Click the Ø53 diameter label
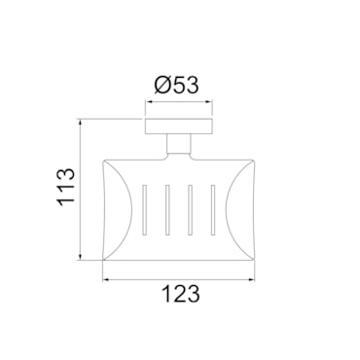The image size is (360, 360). click(x=176, y=85)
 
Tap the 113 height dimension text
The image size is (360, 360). click(x=66, y=187)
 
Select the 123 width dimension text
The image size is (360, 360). click(x=181, y=294)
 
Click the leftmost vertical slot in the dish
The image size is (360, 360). click(x=145, y=210)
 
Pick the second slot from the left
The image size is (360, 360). click(x=167, y=210)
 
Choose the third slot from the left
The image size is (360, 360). click(x=191, y=210)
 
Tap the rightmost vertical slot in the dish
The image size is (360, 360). click(x=213, y=210)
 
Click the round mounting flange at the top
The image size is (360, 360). click(x=179, y=126)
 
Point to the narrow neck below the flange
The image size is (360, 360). click(x=179, y=144)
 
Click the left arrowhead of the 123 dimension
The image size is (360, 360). click(x=105, y=279)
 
